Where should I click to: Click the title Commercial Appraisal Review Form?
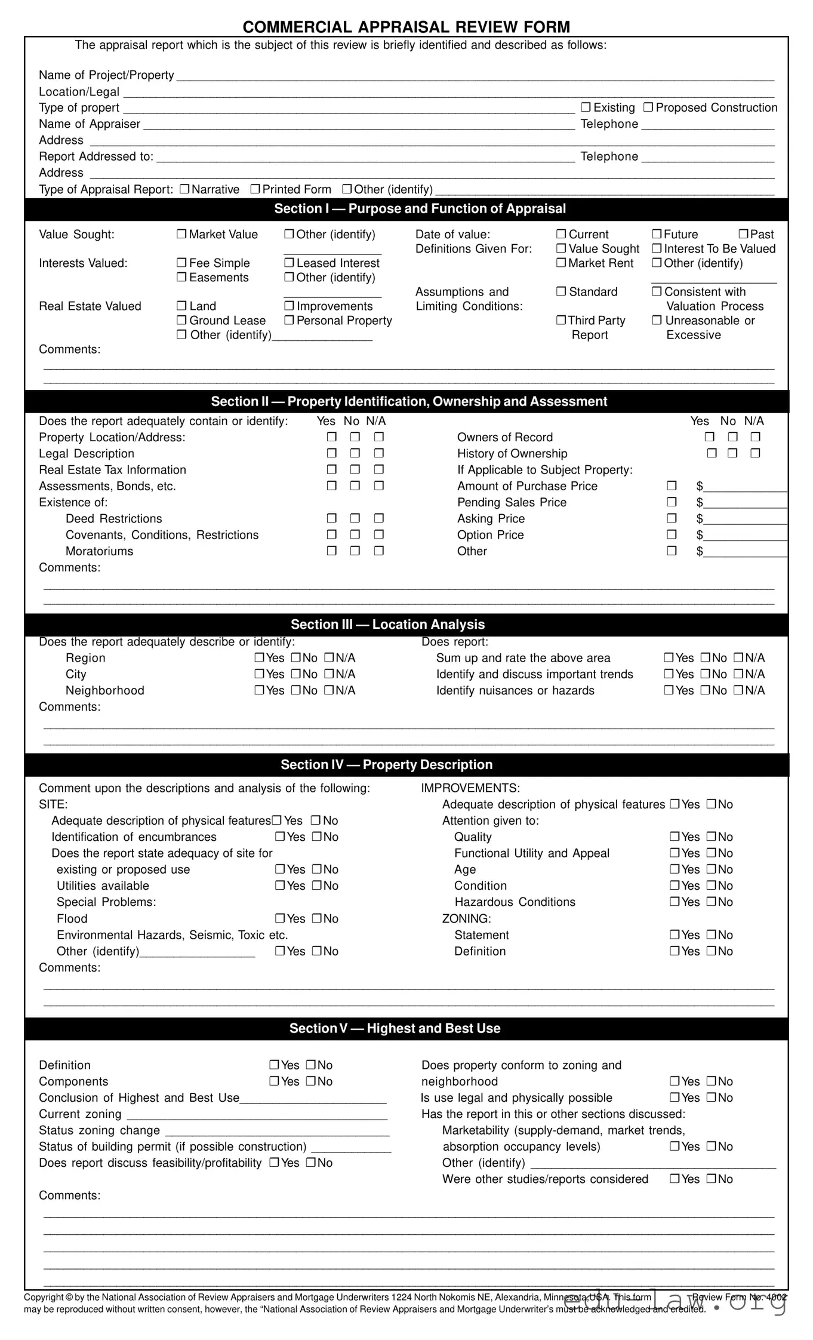coord(406,27)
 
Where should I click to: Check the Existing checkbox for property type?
coord(586,107)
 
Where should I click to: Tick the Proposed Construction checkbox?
coord(648,107)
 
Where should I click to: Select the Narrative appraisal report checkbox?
coord(184,189)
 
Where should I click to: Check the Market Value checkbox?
coord(181,234)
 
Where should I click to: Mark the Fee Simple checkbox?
coord(181,263)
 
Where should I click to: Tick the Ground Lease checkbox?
coord(181,320)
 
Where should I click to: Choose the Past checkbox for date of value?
coord(743,234)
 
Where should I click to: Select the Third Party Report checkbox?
coord(561,320)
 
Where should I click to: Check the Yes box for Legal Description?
coord(332,453)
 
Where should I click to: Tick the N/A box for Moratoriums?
coord(378,551)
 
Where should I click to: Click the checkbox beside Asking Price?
coord(672,518)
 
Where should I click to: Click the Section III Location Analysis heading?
coord(387,625)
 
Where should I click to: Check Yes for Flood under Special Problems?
coord(280,918)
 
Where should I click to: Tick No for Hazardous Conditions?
coord(712,902)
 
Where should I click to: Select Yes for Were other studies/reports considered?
coord(675,1179)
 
